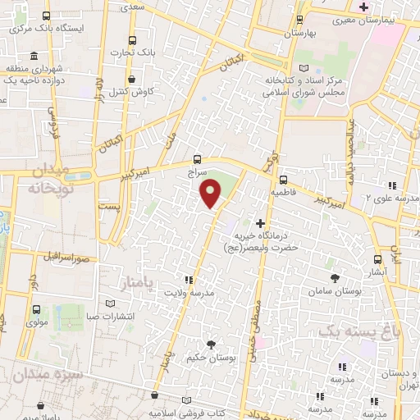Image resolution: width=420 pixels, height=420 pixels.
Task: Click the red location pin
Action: [x=212, y=193]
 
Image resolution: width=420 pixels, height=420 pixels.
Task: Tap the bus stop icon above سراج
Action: [x=196, y=160]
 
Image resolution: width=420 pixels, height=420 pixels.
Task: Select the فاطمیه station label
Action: [x=282, y=194]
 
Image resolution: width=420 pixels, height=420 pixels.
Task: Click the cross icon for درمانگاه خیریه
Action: [x=261, y=223]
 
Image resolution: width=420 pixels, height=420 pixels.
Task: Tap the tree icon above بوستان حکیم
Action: [x=211, y=344]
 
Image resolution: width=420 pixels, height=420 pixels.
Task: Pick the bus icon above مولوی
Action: [x=37, y=310]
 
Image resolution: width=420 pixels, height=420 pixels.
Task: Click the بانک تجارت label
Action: [x=133, y=54]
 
